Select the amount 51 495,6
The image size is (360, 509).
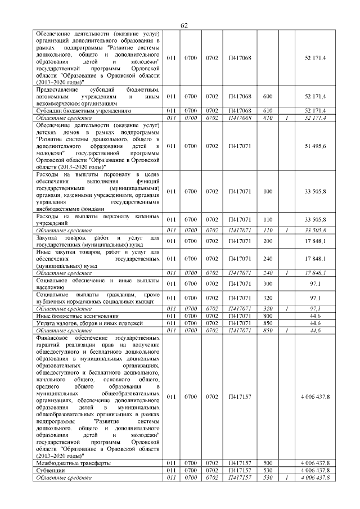[x=315, y=146]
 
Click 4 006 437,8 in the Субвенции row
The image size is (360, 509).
[x=315, y=470]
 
